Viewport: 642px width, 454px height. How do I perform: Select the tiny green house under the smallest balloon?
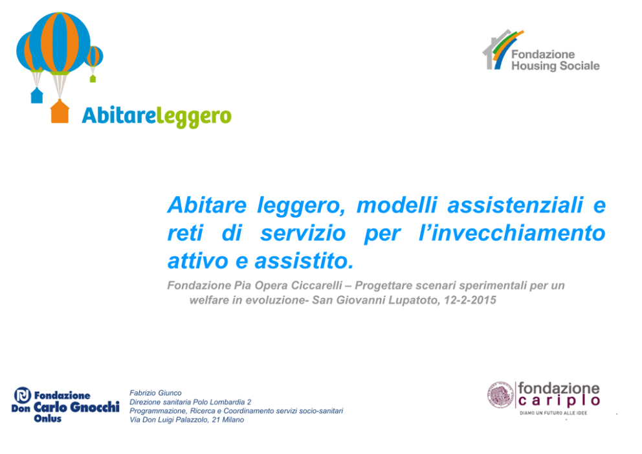click(x=93, y=78)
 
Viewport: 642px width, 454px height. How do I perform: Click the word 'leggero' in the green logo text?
click(x=194, y=117)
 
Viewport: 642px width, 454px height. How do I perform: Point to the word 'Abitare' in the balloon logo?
click(x=119, y=115)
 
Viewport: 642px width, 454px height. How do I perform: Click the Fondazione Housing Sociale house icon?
click(x=502, y=50)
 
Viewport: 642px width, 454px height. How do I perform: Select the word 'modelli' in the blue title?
click(x=397, y=205)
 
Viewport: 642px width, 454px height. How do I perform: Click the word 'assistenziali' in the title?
click(x=515, y=205)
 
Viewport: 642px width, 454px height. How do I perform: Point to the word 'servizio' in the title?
click(x=303, y=233)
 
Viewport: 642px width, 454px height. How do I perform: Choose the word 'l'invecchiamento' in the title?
click(x=512, y=233)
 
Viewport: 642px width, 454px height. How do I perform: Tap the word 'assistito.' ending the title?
click(x=304, y=261)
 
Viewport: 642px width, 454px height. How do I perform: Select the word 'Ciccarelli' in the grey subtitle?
click(x=316, y=286)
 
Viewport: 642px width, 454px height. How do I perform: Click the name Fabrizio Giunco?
click(x=155, y=393)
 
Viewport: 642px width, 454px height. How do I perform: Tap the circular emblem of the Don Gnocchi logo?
click(x=23, y=395)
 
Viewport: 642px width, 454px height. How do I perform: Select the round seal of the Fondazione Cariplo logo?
click(x=500, y=395)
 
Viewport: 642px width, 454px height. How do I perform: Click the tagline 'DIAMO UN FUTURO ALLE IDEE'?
click(x=553, y=413)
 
